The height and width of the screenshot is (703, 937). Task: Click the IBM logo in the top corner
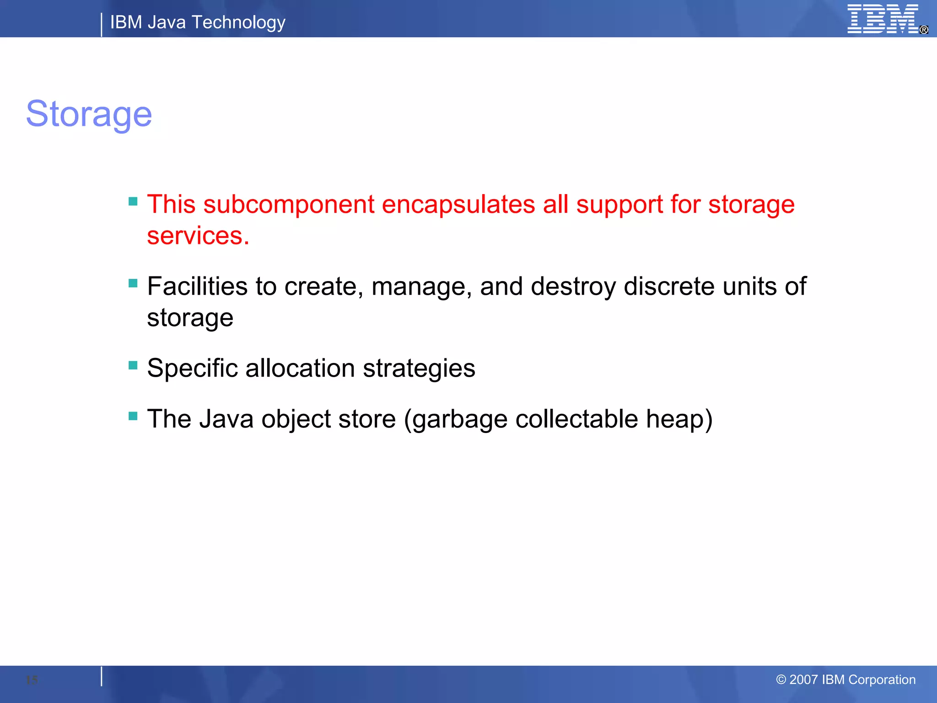(x=883, y=19)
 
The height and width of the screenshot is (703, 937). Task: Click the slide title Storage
(x=89, y=114)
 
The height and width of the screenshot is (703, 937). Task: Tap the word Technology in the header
(x=238, y=22)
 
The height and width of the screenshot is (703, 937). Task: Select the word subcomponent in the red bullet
(x=289, y=204)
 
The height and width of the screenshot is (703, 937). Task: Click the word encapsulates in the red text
(x=458, y=204)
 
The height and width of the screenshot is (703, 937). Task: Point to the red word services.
(x=198, y=236)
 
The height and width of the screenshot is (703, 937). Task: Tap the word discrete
(x=669, y=287)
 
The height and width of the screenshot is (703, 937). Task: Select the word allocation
(x=300, y=368)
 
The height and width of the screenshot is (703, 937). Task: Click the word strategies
(x=419, y=368)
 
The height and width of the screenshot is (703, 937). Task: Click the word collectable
(x=576, y=419)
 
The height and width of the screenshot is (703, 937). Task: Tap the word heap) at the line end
(x=679, y=419)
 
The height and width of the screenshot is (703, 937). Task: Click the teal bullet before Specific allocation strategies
(x=133, y=365)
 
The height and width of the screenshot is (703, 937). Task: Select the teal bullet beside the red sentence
(x=133, y=201)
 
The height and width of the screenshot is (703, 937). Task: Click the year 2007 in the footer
(x=803, y=680)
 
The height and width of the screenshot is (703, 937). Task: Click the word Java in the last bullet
(x=226, y=419)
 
